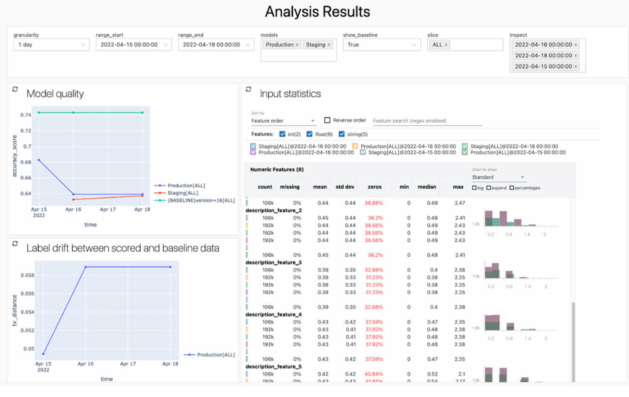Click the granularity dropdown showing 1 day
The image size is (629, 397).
[51, 45]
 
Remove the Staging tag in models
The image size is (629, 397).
[329, 45]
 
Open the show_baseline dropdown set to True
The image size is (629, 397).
[381, 45]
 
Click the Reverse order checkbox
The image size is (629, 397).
[327, 120]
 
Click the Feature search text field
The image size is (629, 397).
[427, 121]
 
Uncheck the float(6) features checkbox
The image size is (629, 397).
[309, 134]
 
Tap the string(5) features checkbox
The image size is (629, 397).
[342, 134]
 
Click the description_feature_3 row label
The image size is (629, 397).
[273, 262]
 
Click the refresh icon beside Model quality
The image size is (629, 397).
[15, 89]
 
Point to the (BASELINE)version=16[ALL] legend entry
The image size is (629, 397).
[201, 200]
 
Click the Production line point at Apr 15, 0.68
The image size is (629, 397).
[39, 160]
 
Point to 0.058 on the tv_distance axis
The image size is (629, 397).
[27, 275]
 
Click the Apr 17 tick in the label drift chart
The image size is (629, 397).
[127, 364]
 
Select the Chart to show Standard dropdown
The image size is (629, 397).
[498, 177]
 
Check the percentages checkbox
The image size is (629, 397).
[512, 188]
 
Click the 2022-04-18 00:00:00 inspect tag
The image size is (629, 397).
[543, 56]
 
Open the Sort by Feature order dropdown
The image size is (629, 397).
[283, 121]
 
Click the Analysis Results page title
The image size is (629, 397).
[317, 12]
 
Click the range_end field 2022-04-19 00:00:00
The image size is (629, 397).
[216, 45]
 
